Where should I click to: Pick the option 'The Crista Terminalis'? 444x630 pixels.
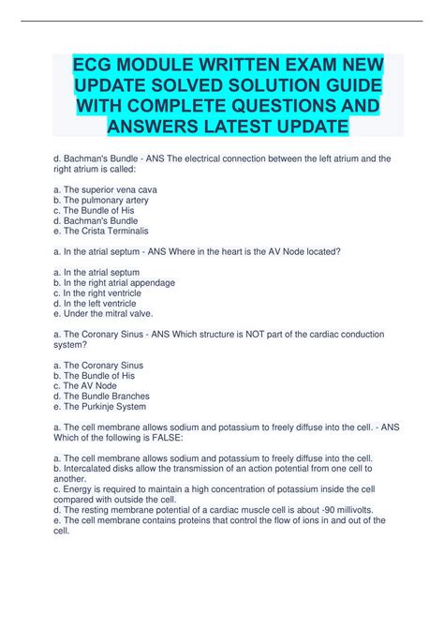click(101, 231)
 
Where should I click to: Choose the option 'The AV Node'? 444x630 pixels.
click(90, 385)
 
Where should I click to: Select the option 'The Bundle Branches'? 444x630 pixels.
click(106, 396)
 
